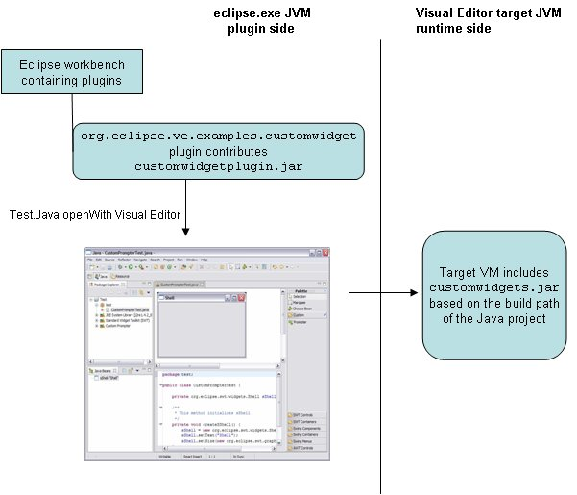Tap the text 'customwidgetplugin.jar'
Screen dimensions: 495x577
[x=219, y=166]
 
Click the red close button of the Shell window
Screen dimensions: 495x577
[x=242, y=298]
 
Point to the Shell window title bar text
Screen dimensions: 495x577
[x=171, y=299]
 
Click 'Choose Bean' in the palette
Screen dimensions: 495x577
[x=304, y=309]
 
